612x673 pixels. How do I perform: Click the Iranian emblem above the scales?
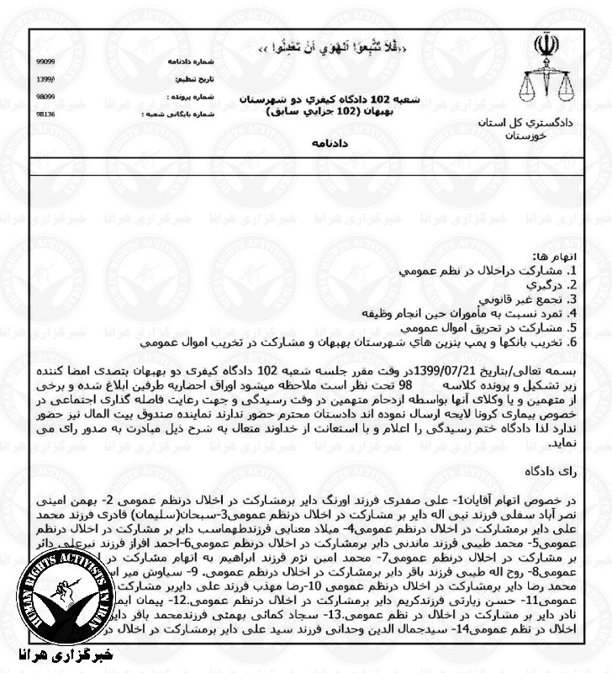pos(540,46)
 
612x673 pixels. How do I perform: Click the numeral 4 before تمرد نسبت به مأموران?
pos(572,314)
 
